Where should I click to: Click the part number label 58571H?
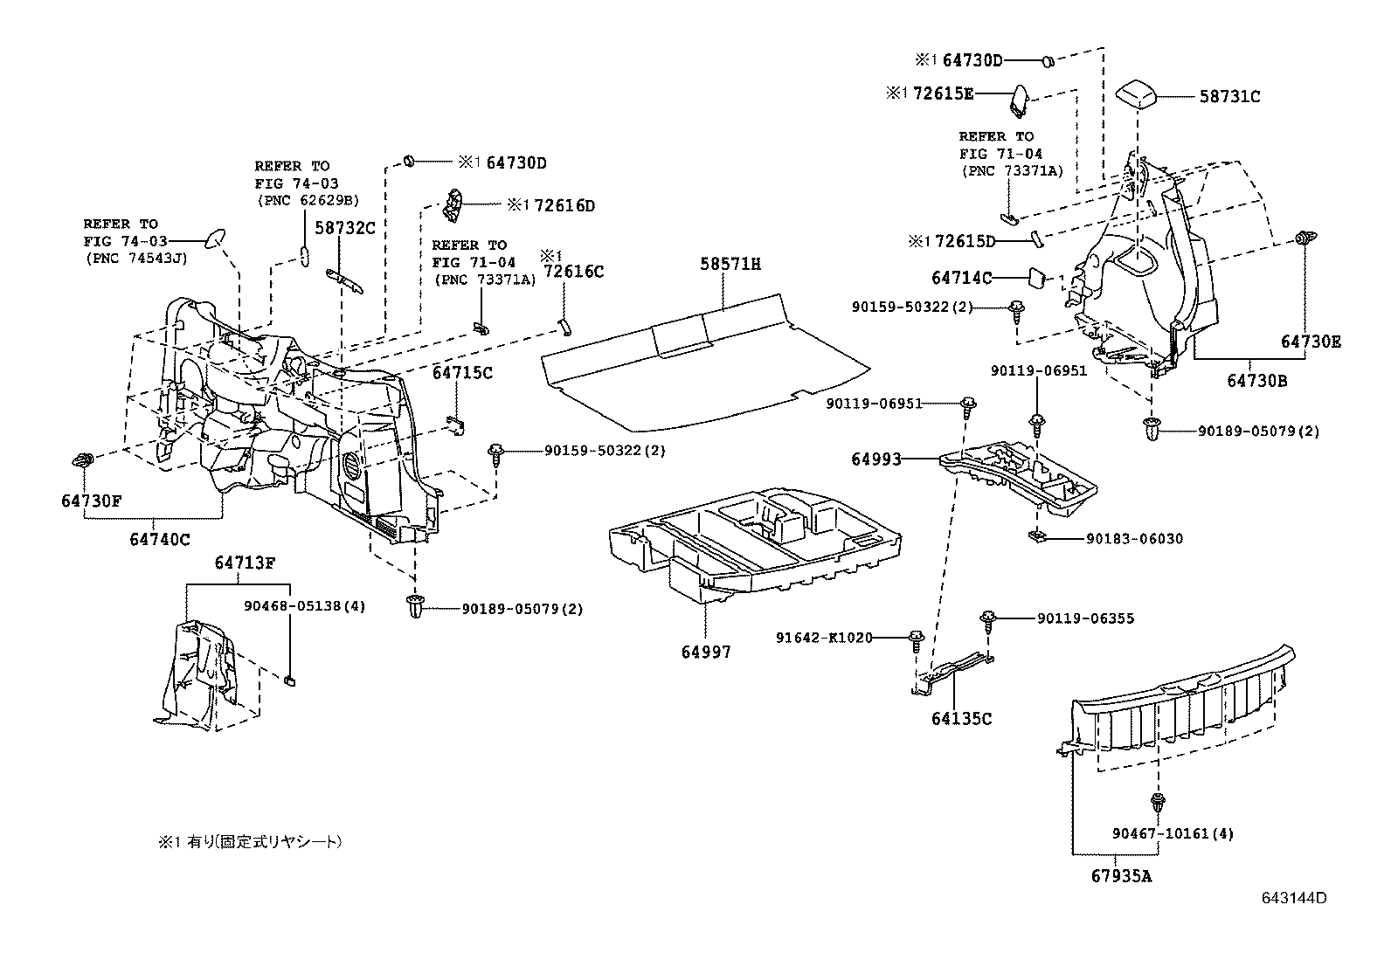tap(730, 263)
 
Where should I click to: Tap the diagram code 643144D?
tap(1293, 897)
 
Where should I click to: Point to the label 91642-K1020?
tap(824, 638)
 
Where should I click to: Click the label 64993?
tap(876, 459)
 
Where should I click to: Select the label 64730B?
tap(1256, 381)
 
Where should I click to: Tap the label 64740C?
tap(160, 539)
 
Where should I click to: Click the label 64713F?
tap(245, 563)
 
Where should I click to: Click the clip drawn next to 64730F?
tap(85, 460)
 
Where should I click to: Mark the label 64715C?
tap(462, 373)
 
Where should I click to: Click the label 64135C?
tap(961, 718)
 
